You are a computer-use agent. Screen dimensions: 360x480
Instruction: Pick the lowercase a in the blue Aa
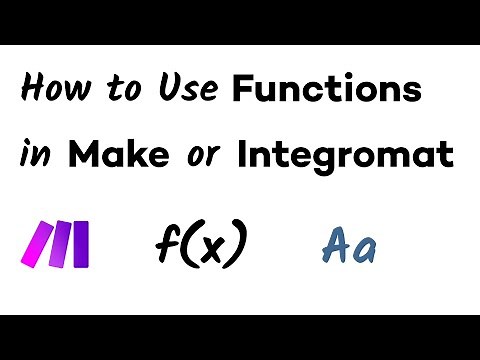pyautogui.click(x=364, y=250)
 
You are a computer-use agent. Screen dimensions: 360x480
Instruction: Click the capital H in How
pyautogui.click(x=32, y=93)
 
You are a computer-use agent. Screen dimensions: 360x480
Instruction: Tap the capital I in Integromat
pyautogui.click(x=244, y=156)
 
